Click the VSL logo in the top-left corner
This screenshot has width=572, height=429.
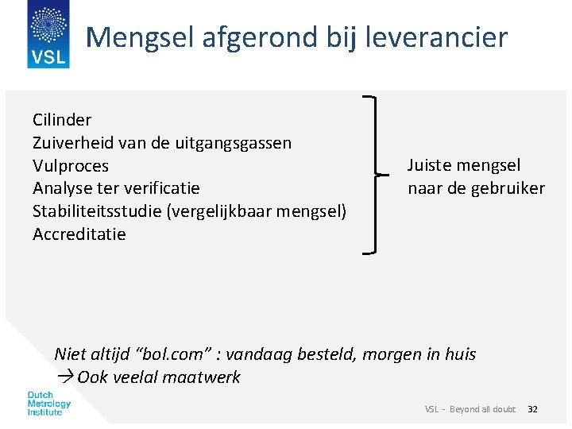coord(48,34)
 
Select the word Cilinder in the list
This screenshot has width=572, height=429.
coord(62,120)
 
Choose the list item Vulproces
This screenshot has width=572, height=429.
coord(71,166)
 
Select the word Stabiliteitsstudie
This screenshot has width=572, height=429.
coord(96,211)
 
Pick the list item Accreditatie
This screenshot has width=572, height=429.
coord(79,234)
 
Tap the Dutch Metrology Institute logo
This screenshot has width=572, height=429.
coord(49,404)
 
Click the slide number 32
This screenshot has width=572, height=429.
coord(532,409)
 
